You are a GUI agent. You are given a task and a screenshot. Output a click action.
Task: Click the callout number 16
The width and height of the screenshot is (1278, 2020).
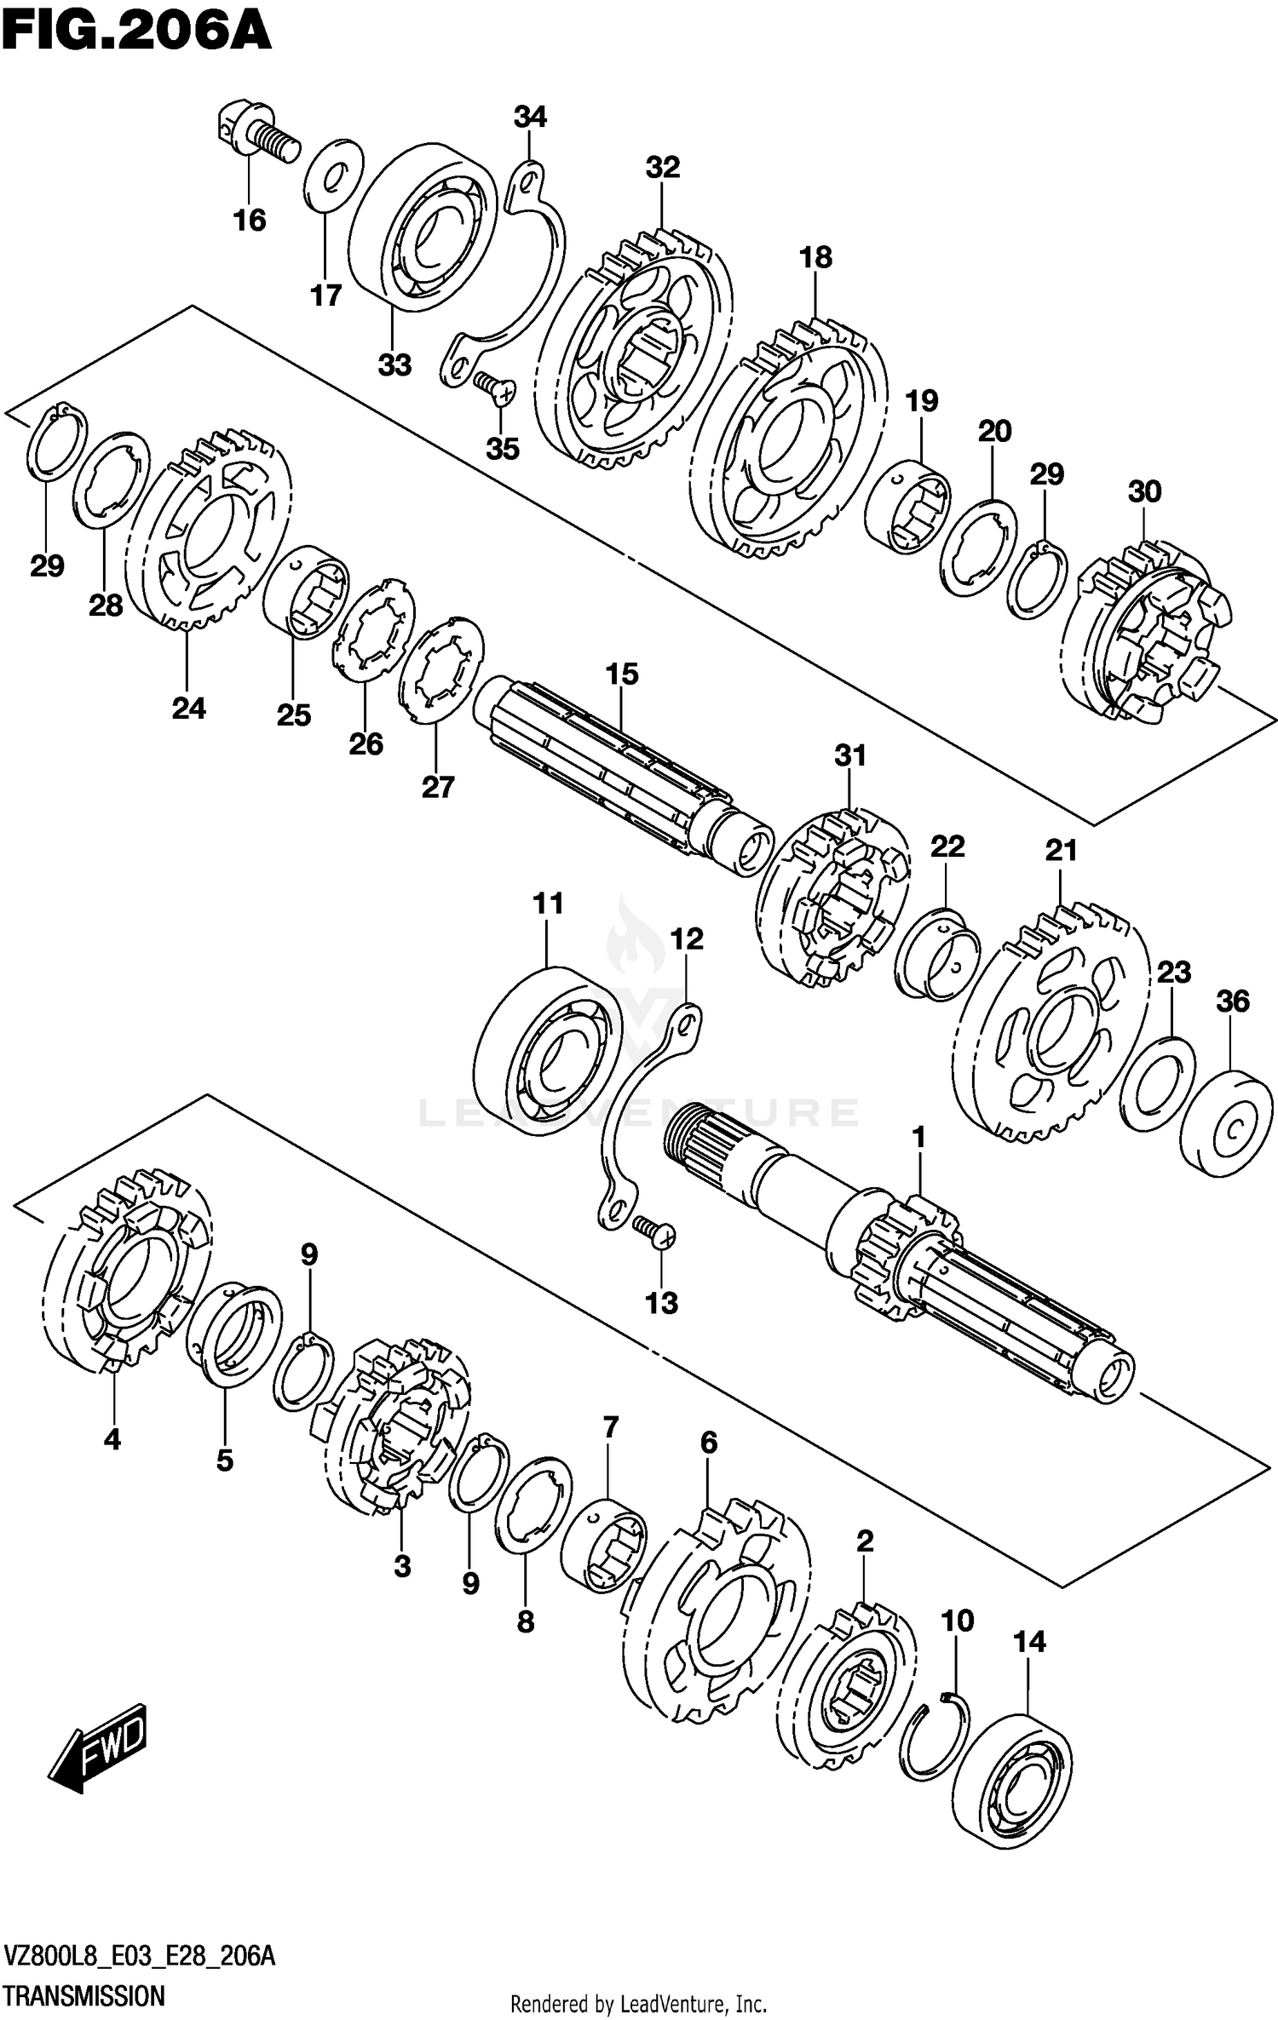250,221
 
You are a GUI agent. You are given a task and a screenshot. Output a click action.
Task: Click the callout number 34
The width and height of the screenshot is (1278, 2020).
530,117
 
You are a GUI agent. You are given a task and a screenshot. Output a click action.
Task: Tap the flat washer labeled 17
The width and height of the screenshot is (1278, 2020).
334,175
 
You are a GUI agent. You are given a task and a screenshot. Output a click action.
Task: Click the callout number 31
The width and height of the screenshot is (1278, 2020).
849,755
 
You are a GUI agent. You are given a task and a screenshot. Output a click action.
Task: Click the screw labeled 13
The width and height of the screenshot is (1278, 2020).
654,1230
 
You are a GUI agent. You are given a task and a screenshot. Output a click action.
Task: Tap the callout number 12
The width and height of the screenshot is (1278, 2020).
687,938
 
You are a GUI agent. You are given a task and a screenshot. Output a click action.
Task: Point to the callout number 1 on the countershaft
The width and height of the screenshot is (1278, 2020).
918,1137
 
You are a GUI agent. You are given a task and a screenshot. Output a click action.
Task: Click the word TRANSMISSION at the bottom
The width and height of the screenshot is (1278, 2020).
83,1996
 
